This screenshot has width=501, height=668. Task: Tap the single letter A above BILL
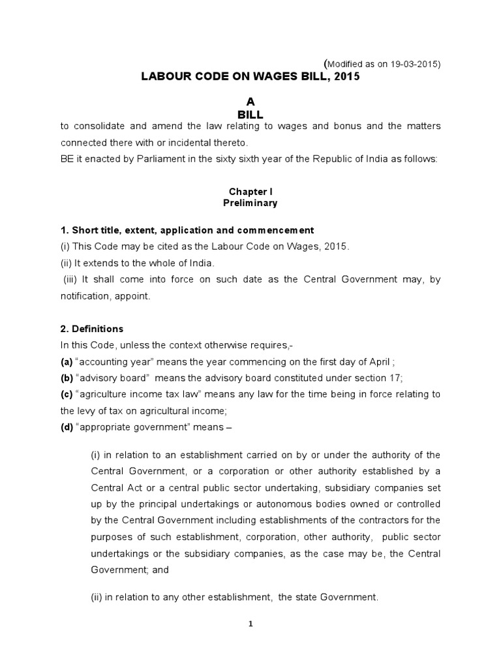[x=249, y=101]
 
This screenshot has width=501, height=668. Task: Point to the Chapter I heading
[x=249, y=191]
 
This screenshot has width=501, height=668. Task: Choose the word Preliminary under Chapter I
[x=249, y=203]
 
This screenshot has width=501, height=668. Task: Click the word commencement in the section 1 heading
[x=277, y=230]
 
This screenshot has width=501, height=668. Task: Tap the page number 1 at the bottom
[x=250, y=623]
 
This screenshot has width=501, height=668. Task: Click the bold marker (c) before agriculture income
[x=67, y=394]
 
